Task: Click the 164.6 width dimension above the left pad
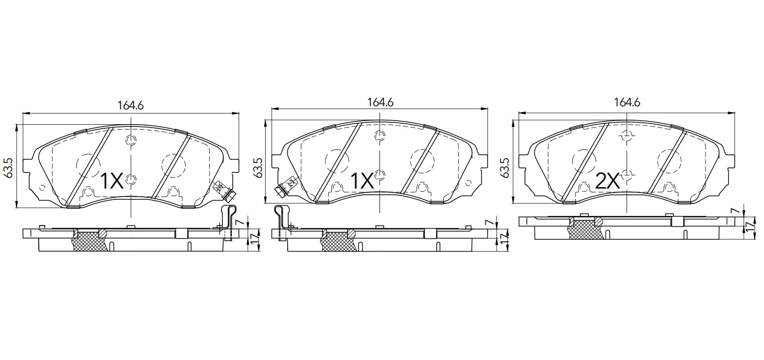pos(131,106)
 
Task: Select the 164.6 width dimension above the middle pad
pos(380,102)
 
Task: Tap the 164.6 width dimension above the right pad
pos(627,102)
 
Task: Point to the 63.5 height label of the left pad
pos(8,167)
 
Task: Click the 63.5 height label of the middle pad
pos(258,167)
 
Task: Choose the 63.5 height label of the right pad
pos(505,167)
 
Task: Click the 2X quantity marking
pos(607,181)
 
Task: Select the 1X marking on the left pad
pos(112,181)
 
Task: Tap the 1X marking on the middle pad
pos(362,181)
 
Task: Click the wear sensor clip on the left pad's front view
pos(224,190)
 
